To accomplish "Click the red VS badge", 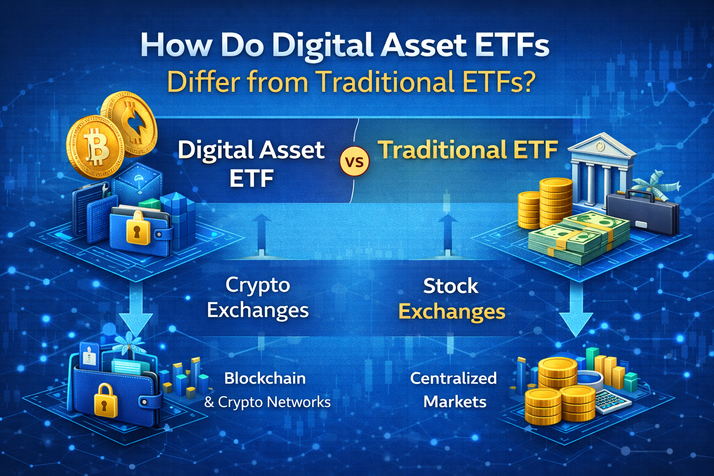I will [355, 162].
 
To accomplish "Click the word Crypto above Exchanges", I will [258, 285].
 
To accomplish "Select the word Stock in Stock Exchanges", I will [450, 286].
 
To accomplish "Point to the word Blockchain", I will [265, 378].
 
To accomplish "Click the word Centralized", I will [453, 378].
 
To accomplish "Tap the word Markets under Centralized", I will [455, 401].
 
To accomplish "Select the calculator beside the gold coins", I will [612, 401].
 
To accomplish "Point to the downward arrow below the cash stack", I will [576, 311].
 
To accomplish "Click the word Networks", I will [302, 402].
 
